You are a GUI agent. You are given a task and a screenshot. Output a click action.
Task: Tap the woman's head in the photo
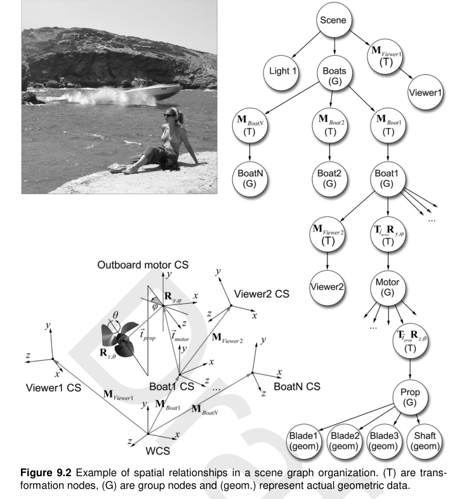coord(172,116)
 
